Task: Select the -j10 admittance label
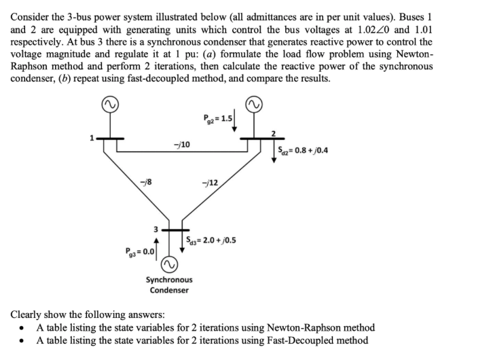click(182, 144)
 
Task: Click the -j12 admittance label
click(210, 183)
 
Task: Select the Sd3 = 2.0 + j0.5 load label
click(211, 240)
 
